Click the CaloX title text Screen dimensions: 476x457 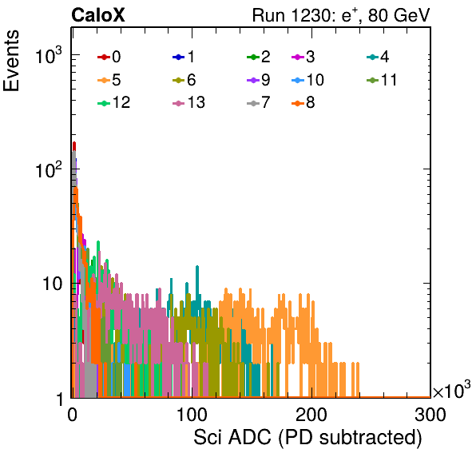click(x=97, y=15)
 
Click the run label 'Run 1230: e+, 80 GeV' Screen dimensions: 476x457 click(x=341, y=15)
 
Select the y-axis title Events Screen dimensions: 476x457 click(x=11, y=61)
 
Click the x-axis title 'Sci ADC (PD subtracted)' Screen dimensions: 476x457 click(x=307, y=438)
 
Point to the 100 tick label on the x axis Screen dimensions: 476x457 click(x=192, y=415)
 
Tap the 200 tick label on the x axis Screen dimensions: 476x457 click(x=311, y=415)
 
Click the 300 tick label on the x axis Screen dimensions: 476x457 click(x=430, y=415)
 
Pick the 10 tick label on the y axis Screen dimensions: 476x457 click(x=52, y=284)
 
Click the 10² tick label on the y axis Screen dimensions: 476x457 click(x=49, y=169)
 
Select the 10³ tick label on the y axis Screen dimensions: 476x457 click(x=49, y=55)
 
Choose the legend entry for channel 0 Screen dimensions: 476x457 click(x=109, y=57)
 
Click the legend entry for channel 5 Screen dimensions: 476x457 click(x=109, y=80)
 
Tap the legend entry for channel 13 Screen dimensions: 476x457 click(x=188, y=102)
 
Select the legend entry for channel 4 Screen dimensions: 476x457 click(x=378, y=57)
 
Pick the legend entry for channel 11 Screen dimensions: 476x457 click(x=382, y=80)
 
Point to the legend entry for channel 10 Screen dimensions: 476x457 click(x=307, y=80)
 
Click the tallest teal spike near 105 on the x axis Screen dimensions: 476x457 click(x=197, y=267)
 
